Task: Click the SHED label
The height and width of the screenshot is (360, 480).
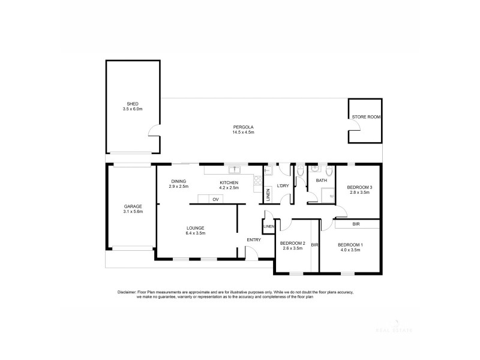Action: point(133,104)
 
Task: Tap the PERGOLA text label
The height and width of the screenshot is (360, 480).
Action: point(244,127)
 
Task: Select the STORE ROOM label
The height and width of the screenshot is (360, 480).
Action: point(366,116)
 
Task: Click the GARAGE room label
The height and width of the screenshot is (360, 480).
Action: point(133,206)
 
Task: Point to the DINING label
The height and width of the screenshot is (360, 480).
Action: point(178,181)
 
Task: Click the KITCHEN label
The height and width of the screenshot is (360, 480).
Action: point(229,182)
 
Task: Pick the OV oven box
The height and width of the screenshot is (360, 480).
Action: point(214,199)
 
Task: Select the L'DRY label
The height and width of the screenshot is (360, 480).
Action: point(283,185)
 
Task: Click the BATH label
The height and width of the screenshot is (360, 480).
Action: point(322,180)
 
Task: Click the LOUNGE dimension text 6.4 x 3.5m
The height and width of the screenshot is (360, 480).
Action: point(195,233)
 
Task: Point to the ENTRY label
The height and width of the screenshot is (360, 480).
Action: point(253,240)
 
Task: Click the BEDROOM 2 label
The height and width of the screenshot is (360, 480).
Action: point(293,243)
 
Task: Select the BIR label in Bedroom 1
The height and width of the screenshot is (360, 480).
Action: point(356,224)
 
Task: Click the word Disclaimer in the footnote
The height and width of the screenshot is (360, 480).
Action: point(128,292)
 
